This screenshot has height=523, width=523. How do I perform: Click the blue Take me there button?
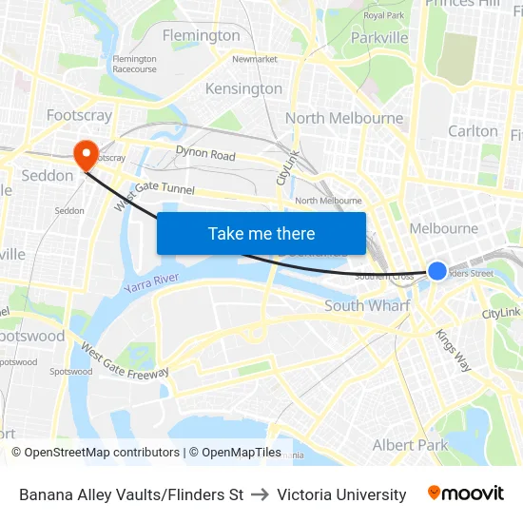[261, 233]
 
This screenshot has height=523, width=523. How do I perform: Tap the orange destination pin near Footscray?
[86, 153]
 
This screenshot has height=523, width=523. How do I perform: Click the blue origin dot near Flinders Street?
[436, 271]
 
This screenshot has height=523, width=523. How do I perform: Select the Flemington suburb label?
[202, 35]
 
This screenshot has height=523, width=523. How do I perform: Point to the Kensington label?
[244, 88]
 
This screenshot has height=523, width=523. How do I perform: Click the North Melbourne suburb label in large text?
[344, 118]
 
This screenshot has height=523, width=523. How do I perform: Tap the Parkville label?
[379, 37]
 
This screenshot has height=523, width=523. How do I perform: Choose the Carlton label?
[473, 131]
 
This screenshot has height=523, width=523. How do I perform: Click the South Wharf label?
[367, 305]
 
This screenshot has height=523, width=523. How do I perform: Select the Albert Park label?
[410, 445]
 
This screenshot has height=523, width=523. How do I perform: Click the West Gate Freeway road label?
[125, 362]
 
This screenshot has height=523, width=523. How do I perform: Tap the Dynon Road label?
[205, 154]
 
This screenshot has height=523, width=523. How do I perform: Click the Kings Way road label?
[453, 349]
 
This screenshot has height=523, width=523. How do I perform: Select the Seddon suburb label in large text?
[48, 175]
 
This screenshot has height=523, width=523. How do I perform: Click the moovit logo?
[465, 493]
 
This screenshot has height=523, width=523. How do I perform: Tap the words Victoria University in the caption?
[341, 494]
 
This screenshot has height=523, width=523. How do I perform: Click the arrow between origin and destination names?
[260, 494]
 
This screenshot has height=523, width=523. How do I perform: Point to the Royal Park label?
[384, 15]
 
